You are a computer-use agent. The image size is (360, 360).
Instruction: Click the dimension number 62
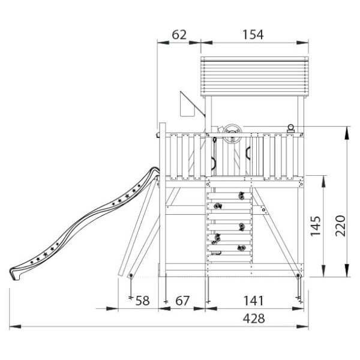pos(179,35)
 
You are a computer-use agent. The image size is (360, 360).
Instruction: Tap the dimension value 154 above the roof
pos(253,35)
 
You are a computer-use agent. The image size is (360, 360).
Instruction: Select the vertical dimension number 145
pos(316,226)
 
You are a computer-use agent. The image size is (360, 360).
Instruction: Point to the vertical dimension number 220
pos(340,226)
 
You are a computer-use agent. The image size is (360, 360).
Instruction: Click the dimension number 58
pos(142,301)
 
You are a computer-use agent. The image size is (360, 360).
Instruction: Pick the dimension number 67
pos(182,301)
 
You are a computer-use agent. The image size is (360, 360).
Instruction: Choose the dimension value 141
pos(253,301)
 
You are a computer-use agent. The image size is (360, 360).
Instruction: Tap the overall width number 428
pos(254,319)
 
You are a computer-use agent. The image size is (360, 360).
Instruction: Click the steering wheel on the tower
pos(232,134)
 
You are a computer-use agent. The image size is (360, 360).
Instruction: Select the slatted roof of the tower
pos(254,77)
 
